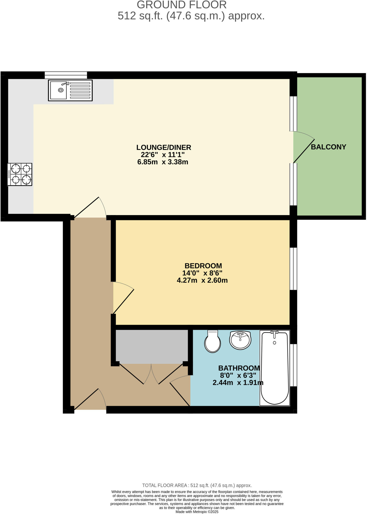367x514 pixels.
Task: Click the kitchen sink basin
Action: (x=58, y=90)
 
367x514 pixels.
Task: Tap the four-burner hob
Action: (x=20, y=174)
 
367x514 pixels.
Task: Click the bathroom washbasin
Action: (x=240, y=340)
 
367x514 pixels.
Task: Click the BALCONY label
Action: (x=328, y=147)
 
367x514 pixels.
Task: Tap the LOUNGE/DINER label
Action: (x=164, y=147)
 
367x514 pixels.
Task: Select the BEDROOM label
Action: (x=203, y=266)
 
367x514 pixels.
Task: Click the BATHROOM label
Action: (x=239, y=368)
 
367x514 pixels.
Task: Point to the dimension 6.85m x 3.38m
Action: (x=163, y=162)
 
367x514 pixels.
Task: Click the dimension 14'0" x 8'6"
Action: (x=202, y=273)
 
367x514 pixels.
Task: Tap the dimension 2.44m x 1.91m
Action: (x=238, y=383)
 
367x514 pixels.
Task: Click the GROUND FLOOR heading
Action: (x=182, y=5)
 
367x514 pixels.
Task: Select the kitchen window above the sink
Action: (x=66, y=75)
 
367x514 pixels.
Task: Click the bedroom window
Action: (x=293, y=269)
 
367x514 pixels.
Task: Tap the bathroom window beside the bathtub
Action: (x=293, y=365)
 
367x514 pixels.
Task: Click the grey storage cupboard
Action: (x=152, y=346)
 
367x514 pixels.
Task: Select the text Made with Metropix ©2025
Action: (x=197, y=512)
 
